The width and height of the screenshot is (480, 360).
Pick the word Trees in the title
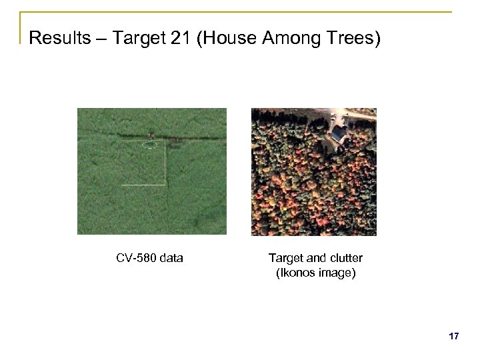click(355, 38)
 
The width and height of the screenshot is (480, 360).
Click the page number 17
click(453, 337)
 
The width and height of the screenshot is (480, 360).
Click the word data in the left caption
click(171, 258)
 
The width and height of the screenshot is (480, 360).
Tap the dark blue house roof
click(339, 133)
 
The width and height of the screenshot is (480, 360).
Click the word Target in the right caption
click(285, 258)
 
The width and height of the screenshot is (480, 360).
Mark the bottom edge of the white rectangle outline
click(143, 184)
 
